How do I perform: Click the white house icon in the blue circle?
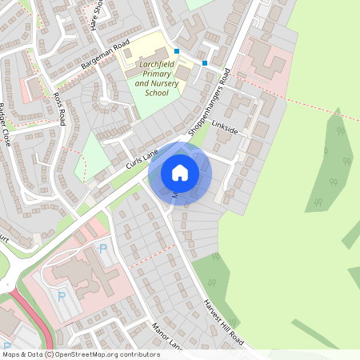180,173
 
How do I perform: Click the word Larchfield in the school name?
152,64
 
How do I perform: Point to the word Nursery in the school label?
155,82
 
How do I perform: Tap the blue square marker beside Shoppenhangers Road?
205,63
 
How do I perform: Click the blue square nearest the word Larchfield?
177,51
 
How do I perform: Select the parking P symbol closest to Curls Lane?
103,249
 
